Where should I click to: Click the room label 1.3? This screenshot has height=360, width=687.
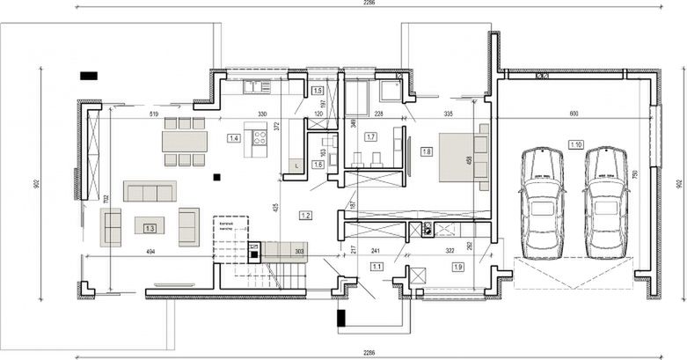pos(150,229)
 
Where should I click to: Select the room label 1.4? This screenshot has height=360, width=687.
pos(234,138)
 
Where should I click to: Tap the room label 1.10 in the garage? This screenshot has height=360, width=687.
pos(576,144)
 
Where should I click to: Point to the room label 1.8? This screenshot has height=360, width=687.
pos(427,151)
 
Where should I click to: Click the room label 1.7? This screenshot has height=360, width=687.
pos(370,137)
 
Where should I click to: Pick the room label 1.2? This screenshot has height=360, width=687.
pos(305,215)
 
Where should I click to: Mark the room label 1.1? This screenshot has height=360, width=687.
pos(376,266)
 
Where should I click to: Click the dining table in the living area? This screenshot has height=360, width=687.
pos(184,141)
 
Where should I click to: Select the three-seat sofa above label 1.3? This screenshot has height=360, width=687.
pos(150,191)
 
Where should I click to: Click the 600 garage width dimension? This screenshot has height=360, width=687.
pos(574,114)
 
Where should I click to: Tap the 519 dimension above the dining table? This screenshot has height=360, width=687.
pos(154,114)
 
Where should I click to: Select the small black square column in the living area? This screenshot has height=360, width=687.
pos(216,177)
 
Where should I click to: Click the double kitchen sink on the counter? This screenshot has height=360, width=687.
pos(258,86)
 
